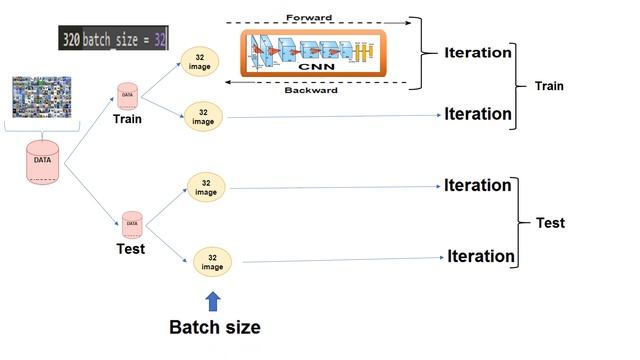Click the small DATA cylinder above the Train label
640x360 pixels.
coord(127,96)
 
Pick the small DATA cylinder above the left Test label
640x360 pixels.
coord(132,223)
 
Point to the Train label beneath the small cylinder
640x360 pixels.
coord(126,119)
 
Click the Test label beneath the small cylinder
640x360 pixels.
coord(131,248)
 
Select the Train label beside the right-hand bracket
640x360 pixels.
coord(547,86)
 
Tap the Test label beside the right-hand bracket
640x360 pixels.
coord(550,223)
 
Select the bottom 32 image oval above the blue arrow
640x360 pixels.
coord(212,262)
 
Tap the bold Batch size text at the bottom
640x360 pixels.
coord(214,327)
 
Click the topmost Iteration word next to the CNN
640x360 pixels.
coord(478,52)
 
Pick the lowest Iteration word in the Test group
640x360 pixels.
coord(480,256)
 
